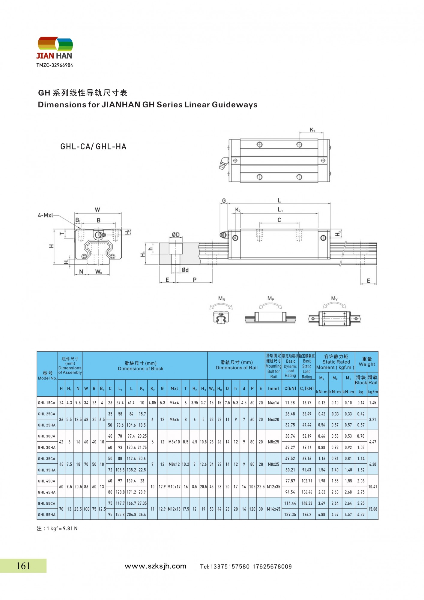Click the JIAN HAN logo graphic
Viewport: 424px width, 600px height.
tap(55, 45)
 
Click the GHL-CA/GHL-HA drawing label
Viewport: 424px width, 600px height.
tap(93, 147)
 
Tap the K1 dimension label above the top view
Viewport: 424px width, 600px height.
tap(312, 130)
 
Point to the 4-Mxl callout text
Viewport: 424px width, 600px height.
tap(45, 215)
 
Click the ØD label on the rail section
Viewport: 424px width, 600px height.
tap(176, 235)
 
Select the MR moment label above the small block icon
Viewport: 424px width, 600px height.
tap(221, 298)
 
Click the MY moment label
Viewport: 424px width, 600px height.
tap(334, 298)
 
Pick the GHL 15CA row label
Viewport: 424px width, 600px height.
tap(46, 403)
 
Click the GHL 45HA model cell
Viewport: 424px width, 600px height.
tap(46, 492)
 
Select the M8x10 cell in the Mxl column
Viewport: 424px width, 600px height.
tap(174, 442)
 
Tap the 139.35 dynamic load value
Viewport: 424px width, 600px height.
tap(290, 514)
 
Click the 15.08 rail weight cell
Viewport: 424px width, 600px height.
tap(372, 509)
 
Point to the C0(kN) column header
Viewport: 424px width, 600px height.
tap(306, 388)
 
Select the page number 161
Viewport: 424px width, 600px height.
tap(23, 566)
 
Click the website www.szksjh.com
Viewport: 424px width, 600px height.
tap(155, 566)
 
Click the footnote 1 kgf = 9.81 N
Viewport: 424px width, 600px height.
tap(57, 529)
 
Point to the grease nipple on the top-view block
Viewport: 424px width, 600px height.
tap(223, 163)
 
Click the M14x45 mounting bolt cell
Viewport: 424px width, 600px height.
tap(273, 509)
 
